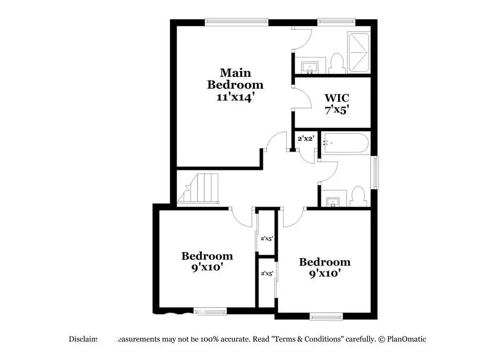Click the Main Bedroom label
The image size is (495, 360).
click(235, 79)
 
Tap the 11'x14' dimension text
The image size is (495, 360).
click(235, 97)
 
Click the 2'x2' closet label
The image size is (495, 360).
click(306, 138)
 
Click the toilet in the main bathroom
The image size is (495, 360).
click(337, 63)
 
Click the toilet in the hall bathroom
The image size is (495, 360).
click(357, 196)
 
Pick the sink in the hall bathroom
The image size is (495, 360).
click(333, 202)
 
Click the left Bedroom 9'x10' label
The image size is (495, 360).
click(207, 261)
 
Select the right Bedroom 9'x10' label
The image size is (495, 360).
click(325, 267)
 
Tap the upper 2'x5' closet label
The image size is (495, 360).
click(267, 239)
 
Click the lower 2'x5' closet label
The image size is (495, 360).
click(267, 273)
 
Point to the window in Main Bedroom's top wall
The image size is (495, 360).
click(237, 22)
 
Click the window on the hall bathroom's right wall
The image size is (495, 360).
click(375, 172)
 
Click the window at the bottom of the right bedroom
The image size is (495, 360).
click(326, 315)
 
